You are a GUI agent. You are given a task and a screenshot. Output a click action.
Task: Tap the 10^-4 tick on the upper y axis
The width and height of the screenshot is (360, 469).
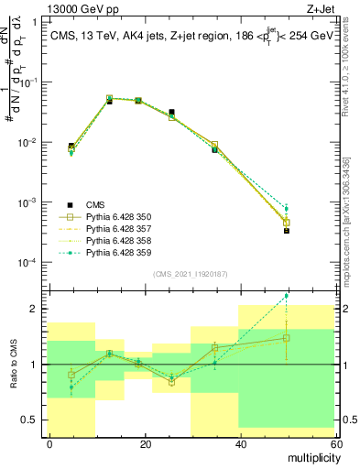point(27,263)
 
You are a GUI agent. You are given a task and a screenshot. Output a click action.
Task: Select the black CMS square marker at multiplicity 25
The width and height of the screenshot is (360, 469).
point(171,112)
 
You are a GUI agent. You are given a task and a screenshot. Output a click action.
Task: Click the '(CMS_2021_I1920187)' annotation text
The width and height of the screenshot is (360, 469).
point(191,274)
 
